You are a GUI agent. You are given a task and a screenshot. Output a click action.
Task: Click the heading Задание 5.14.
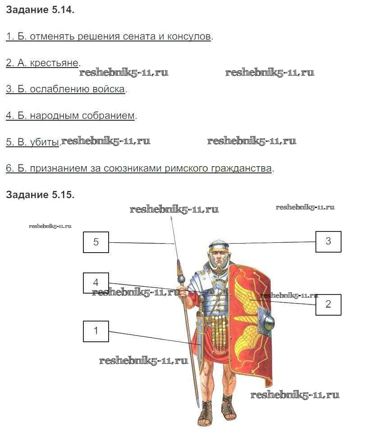pos(40,10)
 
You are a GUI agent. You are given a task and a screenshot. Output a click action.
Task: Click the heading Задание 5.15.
pos(40,195)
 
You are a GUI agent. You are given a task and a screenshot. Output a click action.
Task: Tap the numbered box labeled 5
pos(96,242)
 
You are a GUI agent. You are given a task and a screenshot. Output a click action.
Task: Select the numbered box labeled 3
pos(328,241)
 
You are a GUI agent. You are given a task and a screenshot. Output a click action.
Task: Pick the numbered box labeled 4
pos(96,283)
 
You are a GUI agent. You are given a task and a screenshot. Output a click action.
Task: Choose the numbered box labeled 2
pos(328,304)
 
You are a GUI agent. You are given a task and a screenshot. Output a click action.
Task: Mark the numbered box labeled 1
pos(96,331)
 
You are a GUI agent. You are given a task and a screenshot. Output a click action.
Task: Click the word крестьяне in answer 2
pos(54,63)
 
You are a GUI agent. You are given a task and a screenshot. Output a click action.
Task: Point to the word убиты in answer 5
pos(45,142)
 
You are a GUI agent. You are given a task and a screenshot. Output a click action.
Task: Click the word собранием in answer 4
pos(108,116)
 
